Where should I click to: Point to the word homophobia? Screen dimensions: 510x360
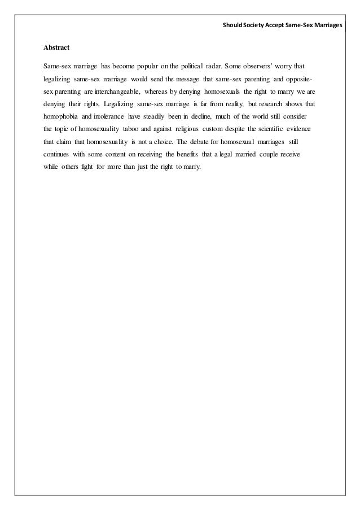tap(61, 117)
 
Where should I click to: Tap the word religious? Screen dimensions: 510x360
tap(186, 129)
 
